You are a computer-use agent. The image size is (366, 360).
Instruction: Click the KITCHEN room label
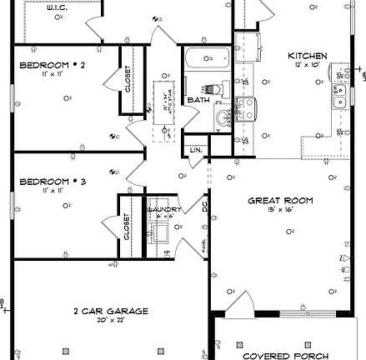point(307,56)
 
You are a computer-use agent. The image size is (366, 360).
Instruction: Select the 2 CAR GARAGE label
point(109,311)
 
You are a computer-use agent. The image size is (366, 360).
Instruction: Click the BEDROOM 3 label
point(52,181)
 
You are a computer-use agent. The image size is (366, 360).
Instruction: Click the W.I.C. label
point(58,7)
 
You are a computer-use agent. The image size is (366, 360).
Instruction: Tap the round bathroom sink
point(222,117)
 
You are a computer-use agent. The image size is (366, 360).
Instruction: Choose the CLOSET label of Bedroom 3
point(128,225)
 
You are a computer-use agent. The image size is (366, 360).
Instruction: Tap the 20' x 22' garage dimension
point(109,320)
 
